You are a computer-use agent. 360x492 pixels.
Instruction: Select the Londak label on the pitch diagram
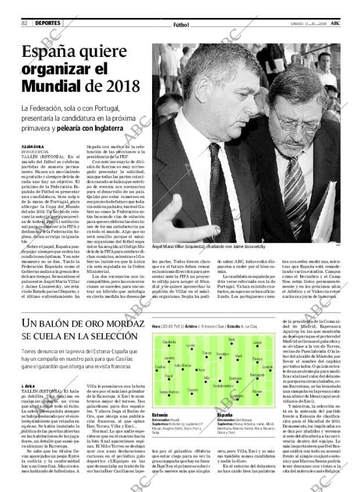click(267, 367)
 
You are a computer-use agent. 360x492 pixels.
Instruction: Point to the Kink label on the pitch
click(232, 339)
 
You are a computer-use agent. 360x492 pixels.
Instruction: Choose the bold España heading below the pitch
click(225, 415)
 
